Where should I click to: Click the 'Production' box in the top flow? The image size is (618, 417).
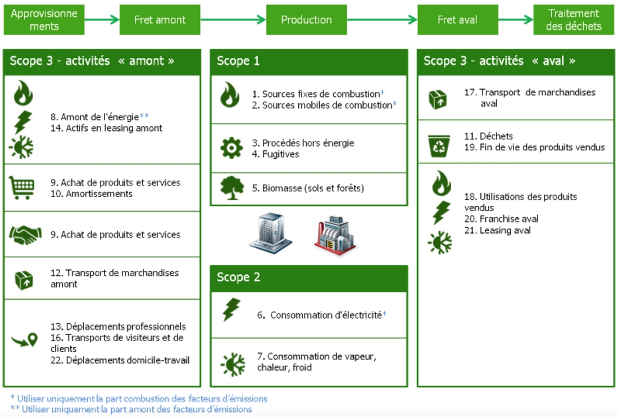(x=306, y=20)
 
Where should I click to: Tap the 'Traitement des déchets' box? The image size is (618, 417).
(x=574, y=20)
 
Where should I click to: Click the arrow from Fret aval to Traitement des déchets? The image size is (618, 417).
(x=515, y=20)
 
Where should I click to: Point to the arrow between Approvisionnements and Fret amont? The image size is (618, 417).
(x=102, y=20)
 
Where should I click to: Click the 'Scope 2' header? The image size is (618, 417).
(x=308, y=277)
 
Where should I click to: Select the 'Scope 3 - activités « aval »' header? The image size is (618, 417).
(x=515, y=61)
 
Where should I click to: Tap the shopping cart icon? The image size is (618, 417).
(x=22, y=187)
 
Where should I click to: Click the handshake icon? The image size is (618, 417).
(x=25, y=234)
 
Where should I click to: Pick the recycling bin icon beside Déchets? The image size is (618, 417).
(x=439, y=146)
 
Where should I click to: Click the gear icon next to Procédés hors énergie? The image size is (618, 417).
(x=231, y=148)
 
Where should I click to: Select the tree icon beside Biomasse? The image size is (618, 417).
(x=231, y=188)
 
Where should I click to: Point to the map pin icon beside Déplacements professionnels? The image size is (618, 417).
(x=24, y=340)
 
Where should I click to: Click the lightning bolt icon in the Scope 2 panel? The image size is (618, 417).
(x=231, y=310)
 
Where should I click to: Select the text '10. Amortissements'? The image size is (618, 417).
(x=91, y=194)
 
